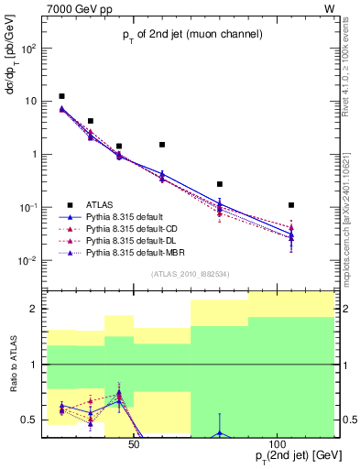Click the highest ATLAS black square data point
[61, 96]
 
